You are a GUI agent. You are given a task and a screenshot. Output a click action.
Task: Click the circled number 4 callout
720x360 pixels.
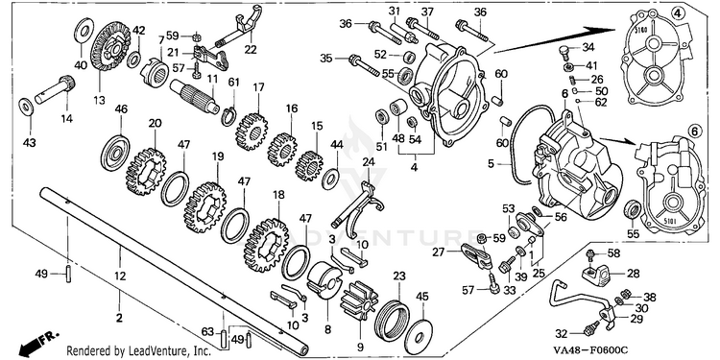677,13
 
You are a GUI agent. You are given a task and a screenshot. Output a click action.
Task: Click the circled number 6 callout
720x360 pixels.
694,132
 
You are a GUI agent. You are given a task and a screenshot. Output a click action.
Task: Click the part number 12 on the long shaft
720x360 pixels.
120,276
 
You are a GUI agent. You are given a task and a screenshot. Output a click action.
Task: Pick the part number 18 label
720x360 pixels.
278,194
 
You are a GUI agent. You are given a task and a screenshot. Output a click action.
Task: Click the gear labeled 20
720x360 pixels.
146,171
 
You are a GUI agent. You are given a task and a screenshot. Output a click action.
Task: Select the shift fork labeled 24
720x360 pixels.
361,205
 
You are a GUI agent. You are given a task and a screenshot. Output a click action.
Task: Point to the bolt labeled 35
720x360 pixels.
364,65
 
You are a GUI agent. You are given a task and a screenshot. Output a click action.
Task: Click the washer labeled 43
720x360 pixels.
26,107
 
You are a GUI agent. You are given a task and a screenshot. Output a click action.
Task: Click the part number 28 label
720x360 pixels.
634,275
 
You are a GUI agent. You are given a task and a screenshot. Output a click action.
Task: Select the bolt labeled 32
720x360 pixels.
590,327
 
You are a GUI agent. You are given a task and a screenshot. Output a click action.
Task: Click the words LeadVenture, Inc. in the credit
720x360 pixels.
169,351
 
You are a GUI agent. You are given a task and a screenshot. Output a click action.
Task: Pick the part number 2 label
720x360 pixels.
119,318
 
